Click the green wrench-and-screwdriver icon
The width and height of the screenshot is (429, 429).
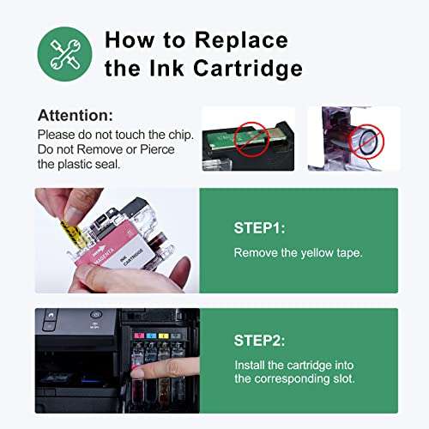64,53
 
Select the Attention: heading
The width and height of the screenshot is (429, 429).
76,115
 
